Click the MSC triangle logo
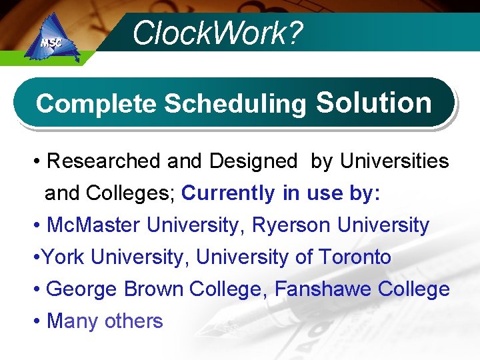coord(51,42)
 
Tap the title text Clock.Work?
coord(217,33)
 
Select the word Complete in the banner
coord(97,104)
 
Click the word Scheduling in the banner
coord(235,104)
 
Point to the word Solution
coord(373,103)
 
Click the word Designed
coord(253,161)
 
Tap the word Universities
coord(394,161)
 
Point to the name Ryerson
coord(291,225)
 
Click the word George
coord(82,289)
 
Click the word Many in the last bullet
coord(71,321)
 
